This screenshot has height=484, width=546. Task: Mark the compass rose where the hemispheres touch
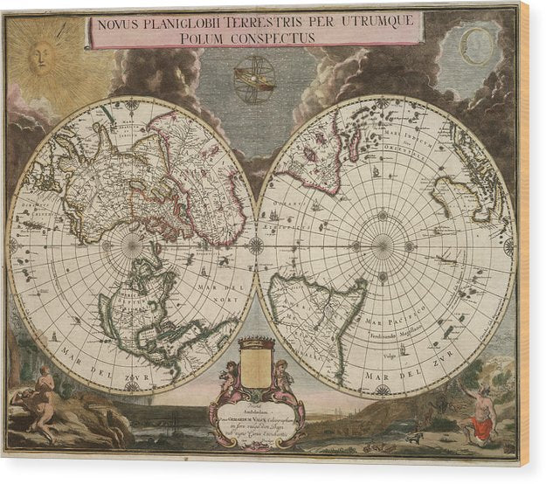pyautogui.click(x=256, y=245)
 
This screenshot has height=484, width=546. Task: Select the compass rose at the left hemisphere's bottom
pyautogui.click(x=132, y=385)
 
